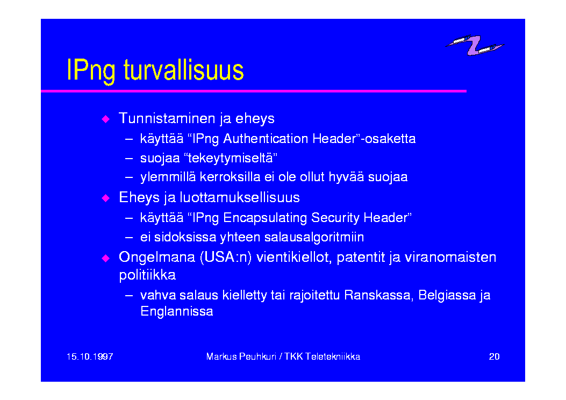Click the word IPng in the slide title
click(91, 71)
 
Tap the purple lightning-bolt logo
click(474, 45)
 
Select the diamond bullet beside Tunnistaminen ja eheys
click(105, 119)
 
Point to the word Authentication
click(266, 139)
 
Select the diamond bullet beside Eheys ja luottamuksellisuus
click(105, 198)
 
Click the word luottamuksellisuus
click(240, 197)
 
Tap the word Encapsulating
click(266, 218)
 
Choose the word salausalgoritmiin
click(314, 237)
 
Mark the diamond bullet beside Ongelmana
click(105, 258)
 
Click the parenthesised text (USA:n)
click(226, 258)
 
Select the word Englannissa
click(176, 311)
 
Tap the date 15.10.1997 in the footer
click(90, 356)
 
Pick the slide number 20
click(494, 356)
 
